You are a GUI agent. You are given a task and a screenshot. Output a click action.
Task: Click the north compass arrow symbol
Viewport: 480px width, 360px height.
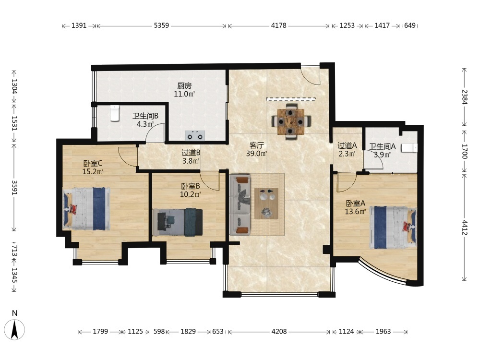(x=14, y=329)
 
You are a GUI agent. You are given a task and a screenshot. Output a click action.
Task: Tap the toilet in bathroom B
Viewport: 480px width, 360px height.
(x=115, y=113)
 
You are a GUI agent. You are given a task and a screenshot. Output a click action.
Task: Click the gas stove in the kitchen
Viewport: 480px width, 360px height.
(x=195, y=135)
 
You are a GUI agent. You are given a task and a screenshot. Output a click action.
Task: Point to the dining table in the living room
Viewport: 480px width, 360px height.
(x=291, y=121)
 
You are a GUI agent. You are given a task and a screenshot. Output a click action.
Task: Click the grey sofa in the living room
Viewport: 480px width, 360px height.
(x=240, y=204)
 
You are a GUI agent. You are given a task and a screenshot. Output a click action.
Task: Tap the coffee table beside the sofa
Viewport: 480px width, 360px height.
(x=266, y=203)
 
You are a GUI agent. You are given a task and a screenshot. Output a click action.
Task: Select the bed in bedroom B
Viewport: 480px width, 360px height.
(x=178, y=222)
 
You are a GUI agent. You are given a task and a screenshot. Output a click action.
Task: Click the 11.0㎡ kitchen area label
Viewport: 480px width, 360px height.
(x=184, y=94)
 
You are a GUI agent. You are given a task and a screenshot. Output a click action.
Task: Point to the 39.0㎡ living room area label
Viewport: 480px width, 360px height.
(x=256, y=154)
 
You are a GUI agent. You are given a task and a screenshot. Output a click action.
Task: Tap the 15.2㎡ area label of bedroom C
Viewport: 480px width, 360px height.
(x=93, y=171)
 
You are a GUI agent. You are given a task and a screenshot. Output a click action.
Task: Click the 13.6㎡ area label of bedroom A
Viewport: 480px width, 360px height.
(x=355, y=211)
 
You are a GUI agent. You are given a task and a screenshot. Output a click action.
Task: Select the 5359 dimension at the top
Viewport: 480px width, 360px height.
(x=161, y=25)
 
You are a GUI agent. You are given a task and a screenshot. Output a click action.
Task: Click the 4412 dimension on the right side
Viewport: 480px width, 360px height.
(x=465, y=228)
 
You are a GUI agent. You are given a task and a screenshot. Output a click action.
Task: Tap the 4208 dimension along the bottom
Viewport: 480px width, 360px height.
(x=279, y=331)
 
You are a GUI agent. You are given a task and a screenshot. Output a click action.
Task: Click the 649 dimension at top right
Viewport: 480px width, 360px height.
(x=410, y=25)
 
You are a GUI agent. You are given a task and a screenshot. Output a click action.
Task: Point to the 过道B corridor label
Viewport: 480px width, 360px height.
(x=191, y=153)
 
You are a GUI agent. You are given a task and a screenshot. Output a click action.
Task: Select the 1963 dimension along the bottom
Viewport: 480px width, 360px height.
(x=383, y=331)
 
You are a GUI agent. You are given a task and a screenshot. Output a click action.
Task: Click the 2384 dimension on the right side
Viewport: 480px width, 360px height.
(x=465, y=97)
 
